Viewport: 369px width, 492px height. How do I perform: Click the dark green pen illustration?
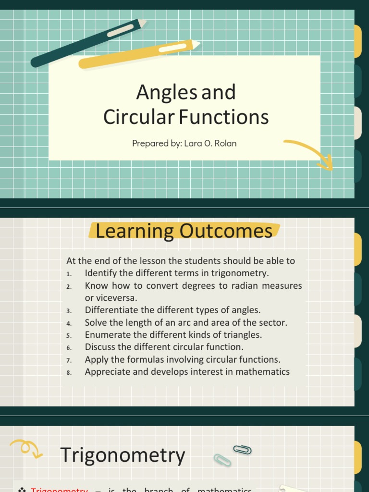click(x=86, y=43)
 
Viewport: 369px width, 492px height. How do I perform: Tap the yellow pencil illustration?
click(x=139, y=54)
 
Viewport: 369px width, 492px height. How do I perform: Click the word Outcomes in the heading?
click(x=226, y=231)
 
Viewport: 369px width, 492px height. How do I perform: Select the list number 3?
click(x=69, y=311)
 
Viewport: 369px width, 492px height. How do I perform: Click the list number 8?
click(x=69, y=372)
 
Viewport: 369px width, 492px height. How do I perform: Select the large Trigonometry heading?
click(x=123, y=455)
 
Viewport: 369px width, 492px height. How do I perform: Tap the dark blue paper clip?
click(x=242, y=450)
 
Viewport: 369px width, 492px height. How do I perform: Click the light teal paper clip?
click(x=222, y=460)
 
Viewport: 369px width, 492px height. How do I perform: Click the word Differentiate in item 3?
click(x=112, y=310)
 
